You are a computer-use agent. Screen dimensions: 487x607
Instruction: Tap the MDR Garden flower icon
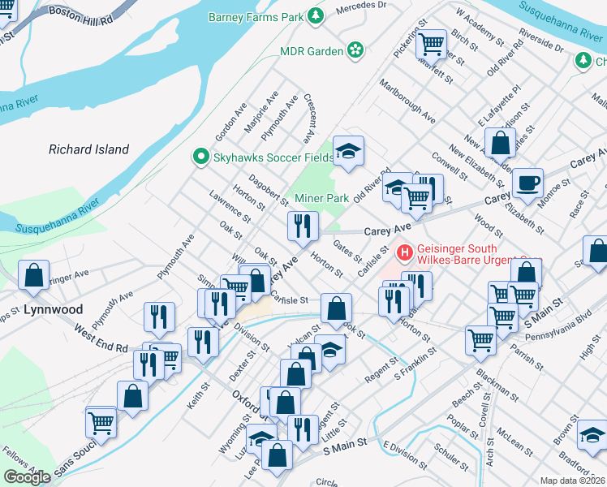tap(355, 51)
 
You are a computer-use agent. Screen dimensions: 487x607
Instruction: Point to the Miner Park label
tap(321, 198)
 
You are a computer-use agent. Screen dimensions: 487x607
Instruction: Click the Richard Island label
tap(88, 149)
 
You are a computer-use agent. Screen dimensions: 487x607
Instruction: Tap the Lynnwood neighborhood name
tap(53, 309)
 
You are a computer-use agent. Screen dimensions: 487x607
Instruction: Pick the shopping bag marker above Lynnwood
tap(34, 276)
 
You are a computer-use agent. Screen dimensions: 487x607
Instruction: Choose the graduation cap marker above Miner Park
tap(349, 151)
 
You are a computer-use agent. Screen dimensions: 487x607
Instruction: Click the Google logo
tap(28, 477)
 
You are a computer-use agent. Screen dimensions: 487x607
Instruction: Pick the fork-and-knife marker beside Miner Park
tap(303, 226)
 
